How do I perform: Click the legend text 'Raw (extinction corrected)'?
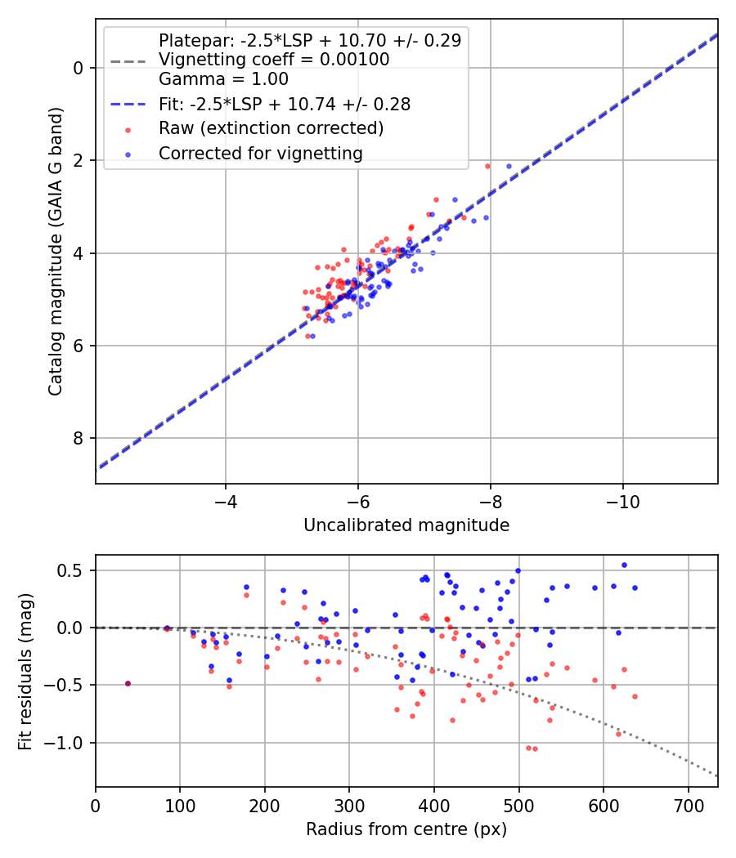point(271,128)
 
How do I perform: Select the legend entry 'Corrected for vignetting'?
point(260,153)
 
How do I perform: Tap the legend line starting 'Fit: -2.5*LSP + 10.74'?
point(284,104)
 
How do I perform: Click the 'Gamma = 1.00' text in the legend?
point(223,79)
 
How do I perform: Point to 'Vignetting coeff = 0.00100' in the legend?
point(274,60)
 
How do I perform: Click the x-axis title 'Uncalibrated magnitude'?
point(406,525)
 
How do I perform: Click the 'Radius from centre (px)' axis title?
point(406,829)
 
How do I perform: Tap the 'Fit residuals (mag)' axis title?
point(25,671)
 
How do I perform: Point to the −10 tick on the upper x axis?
point(622,499)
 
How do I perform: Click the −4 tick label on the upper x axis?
point(226,499)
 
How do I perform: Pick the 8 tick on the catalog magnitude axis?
point(79,438)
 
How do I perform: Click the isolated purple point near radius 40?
point(128,683)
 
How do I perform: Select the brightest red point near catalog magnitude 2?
point(487,166)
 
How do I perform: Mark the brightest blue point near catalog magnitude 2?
point(509,166)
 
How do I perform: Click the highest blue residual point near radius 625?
point(624,565)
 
